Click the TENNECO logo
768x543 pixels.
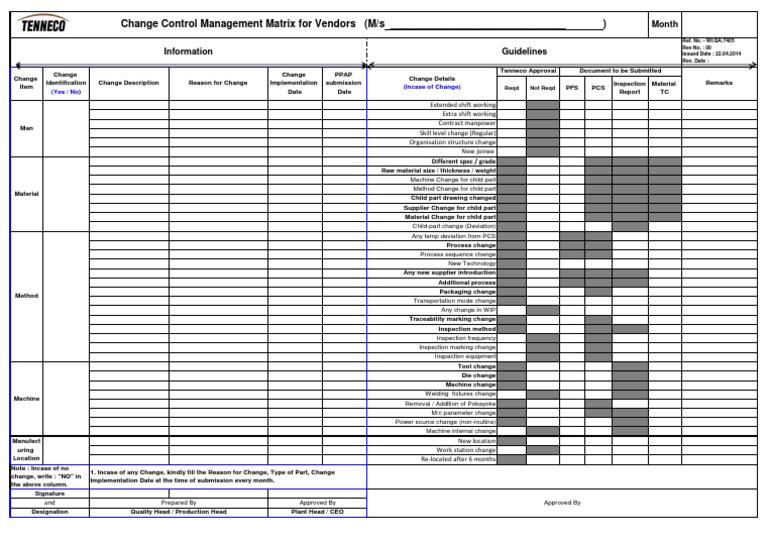coord(44,24)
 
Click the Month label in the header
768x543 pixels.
coord(664,23)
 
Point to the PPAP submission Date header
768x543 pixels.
coord(344,84)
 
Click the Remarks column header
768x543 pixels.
coord(719,84)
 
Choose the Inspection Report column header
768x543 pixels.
coord(629,88)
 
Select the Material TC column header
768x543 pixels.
coord(664,88)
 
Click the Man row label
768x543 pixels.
coord(26,128)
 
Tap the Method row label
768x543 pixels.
coord(26,295)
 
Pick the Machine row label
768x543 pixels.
coord(26,399)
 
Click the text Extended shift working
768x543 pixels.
coord(463,104)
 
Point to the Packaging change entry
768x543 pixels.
coord(467,291)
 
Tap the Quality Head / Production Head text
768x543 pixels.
coord(179,511)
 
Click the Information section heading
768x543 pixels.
coord(188,51)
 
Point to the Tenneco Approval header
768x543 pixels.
coord(527,71)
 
